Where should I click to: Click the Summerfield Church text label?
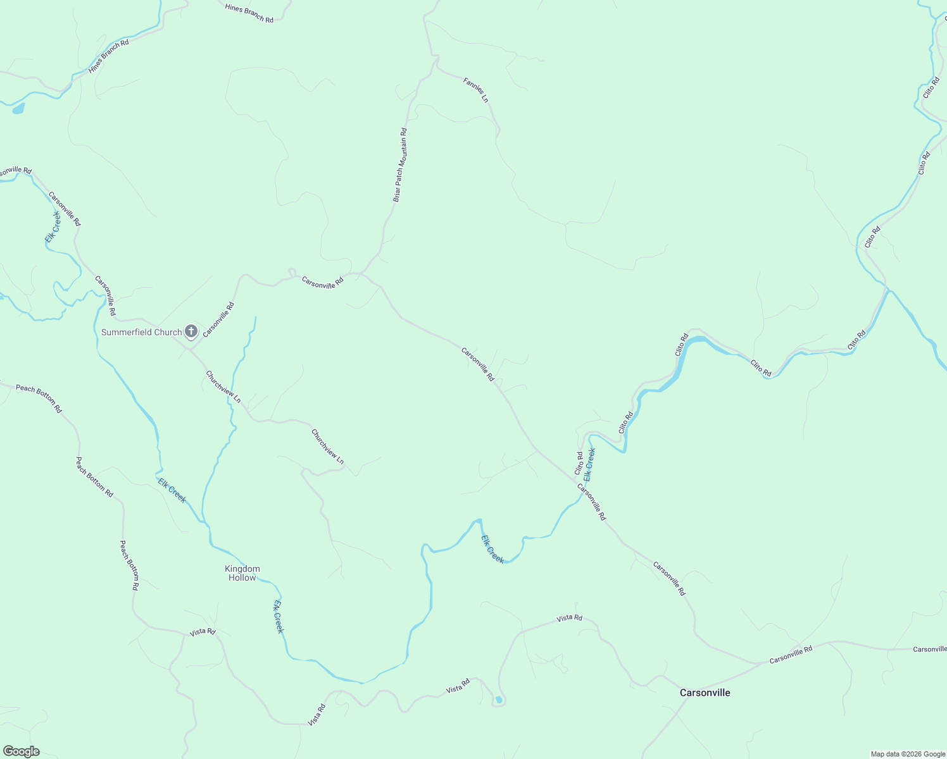[x=141, y=332]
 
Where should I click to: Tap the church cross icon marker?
[x=191, y=331]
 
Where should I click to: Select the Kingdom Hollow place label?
[x=242, y=573]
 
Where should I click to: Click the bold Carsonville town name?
[x=705, y=693]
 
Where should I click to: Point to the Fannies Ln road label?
[x=475, y=90]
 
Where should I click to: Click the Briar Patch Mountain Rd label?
[x=399, y=165]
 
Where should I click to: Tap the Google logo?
[x=20, y=751]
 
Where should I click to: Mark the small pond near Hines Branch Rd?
[x=18, y=109]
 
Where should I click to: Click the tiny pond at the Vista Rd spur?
[x=499, y=700]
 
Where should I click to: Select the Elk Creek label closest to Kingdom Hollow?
[x=279, y=616]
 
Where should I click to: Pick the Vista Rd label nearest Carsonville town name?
[x=569, y=617]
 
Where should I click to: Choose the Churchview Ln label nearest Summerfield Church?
[x=223, y=386]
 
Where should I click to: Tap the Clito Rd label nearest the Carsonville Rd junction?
[x=579, y=463]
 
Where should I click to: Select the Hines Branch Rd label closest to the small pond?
[x=108, y=56]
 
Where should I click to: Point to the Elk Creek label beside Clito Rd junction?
[x=589, y=463]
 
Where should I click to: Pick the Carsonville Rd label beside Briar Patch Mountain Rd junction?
[x=322, y=282]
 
